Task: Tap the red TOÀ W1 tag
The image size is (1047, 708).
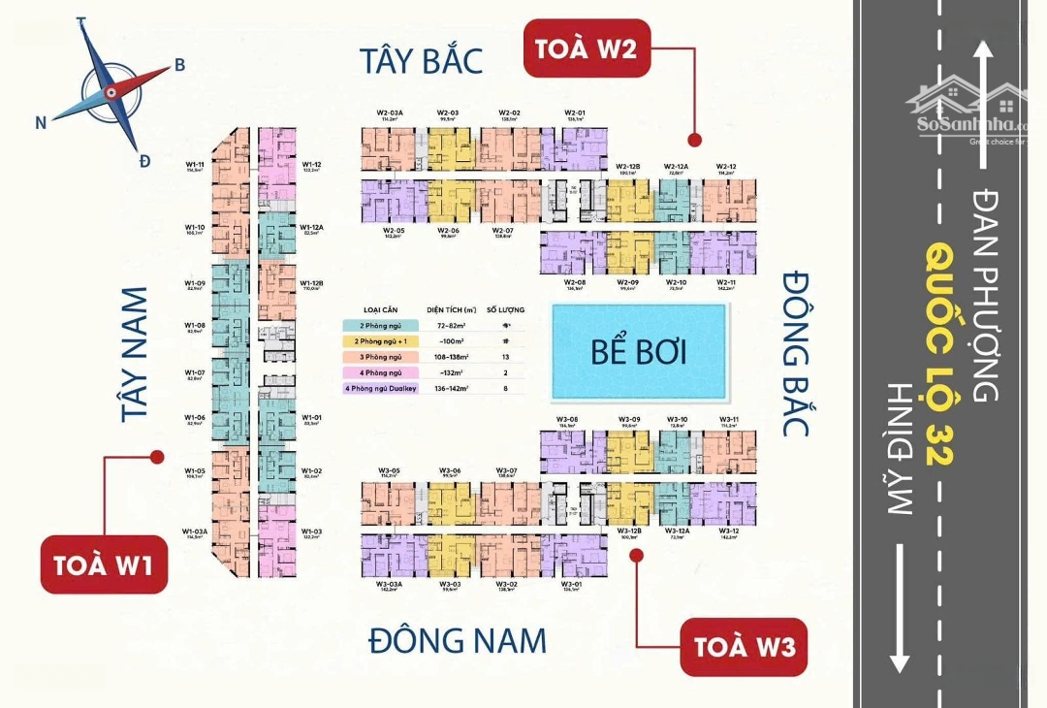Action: [103, 564]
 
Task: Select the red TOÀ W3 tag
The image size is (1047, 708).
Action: [744, 646]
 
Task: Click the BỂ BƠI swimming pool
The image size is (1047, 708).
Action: [639, 351]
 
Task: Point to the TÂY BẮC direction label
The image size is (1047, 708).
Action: [421, 60]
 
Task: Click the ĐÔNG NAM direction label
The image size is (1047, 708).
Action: [458, 640]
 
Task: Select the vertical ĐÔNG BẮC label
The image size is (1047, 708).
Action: [796, 355]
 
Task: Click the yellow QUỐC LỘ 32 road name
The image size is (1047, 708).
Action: [936, 353]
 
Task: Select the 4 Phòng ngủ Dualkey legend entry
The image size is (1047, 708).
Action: [380, 389]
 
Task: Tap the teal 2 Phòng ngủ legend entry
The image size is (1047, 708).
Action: [380, 325]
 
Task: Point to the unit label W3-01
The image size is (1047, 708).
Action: [571, 585]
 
